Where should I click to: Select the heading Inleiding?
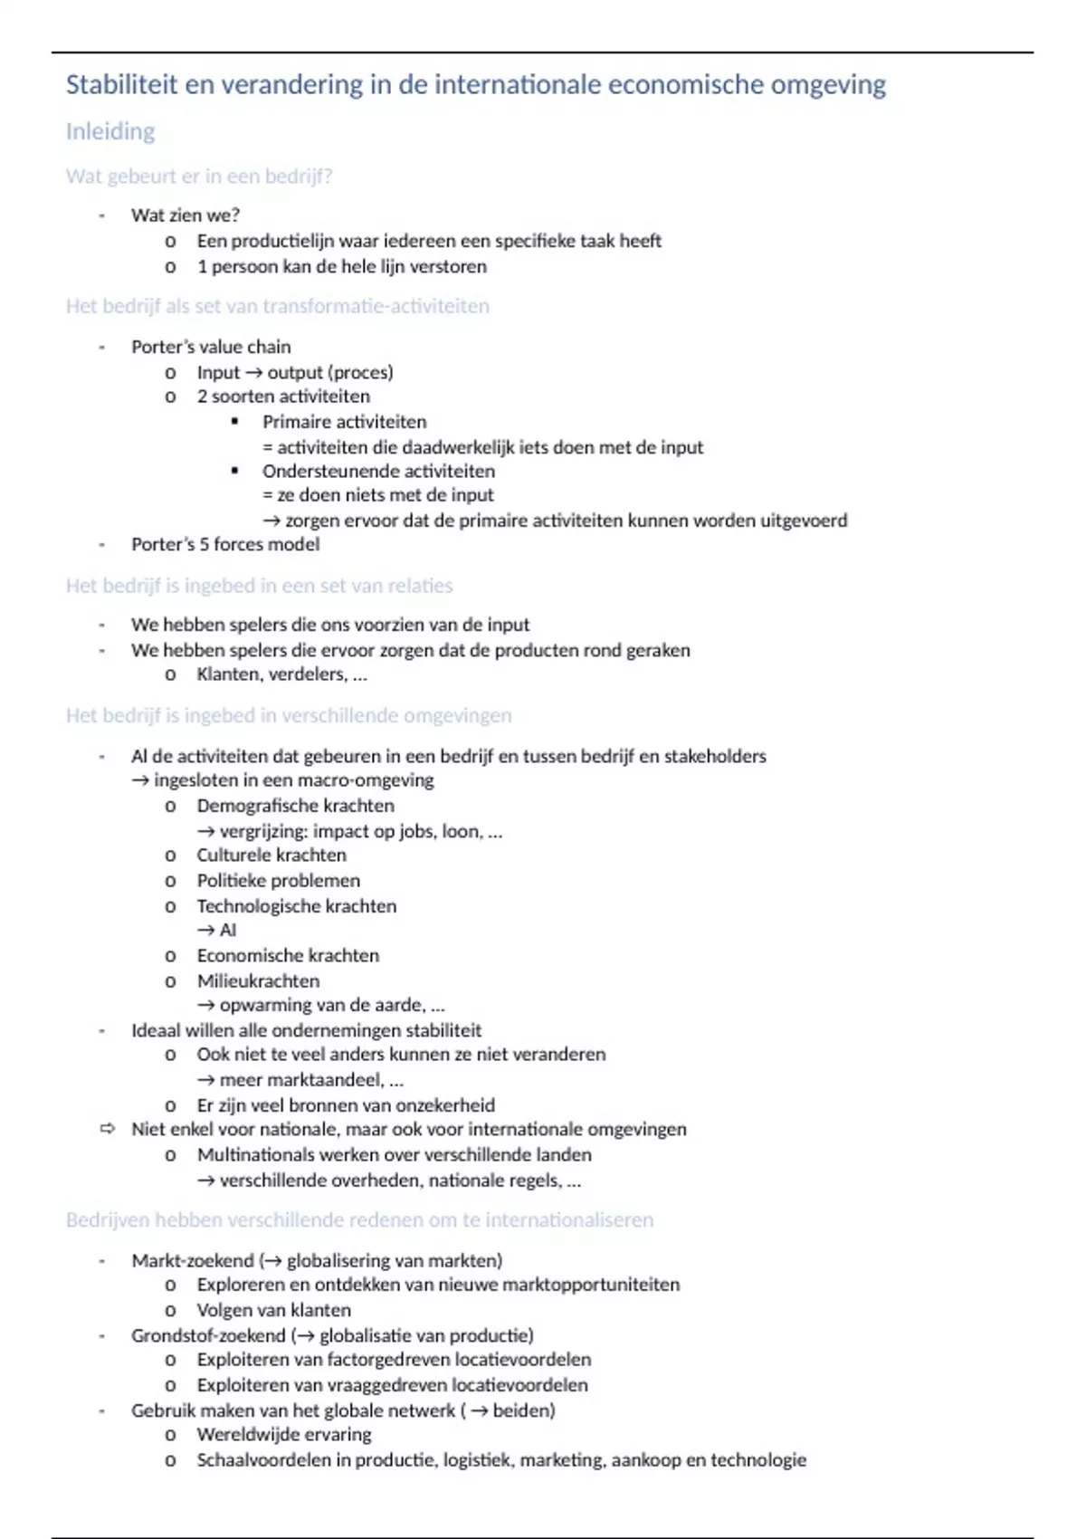pyautogui.click(x=110, y=132)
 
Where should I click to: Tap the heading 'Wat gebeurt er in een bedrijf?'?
pyautogui.click(x=199, y=177)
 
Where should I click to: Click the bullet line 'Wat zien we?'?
pyautogui.click(x=186, y=215)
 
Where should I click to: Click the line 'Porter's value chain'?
pyautogui.click(x=211, y=347)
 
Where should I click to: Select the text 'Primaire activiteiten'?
pyautogui.click(x=344, y=422)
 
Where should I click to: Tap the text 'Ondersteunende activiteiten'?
pyautogui.click(x=378, y=471)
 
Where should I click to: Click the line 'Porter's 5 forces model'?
pyautogui.click(x=225, y=544)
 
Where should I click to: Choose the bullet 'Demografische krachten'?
pyautogui.click(x=295, y=806)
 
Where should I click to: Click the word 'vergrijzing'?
pyautogui.click(x=262, y=831)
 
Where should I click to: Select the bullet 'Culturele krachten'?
pyautogui.click(x=271, y=856)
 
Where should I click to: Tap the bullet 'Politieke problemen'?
pyautogui.click(x=278, y=881)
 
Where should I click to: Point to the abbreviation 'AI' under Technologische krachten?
pyautogui.click(x=228, y=930)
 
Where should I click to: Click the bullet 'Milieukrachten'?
pyautogui.click(x=258, y=981)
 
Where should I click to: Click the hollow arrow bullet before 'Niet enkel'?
pyautogui.click(x=108, y=1129)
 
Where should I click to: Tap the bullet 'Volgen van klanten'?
pyautogui.click(x=273, y=1310)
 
